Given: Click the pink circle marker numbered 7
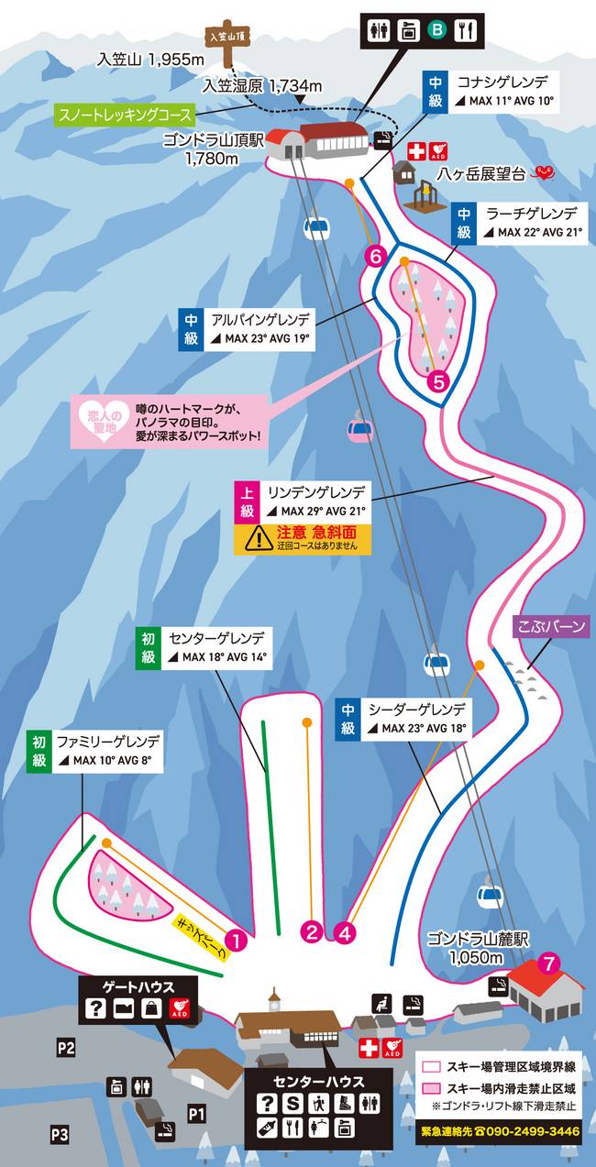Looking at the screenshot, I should tap(549, 963).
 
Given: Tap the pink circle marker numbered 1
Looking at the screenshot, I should tap(237, 939).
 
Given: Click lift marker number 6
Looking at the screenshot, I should tap(374, 257).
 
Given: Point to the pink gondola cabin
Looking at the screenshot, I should tap(359, 428).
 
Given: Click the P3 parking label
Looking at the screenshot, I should tap(60, 1134).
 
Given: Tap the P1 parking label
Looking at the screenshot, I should tap(196, 1113).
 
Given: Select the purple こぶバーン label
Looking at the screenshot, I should tap(551, 628).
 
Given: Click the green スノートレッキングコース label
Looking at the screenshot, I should tap(127, 116).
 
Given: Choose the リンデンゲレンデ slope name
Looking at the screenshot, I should tap(316, 492).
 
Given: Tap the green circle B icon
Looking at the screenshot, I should tap(438, 29).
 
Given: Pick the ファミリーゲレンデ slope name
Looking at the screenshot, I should tap(108, 741).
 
